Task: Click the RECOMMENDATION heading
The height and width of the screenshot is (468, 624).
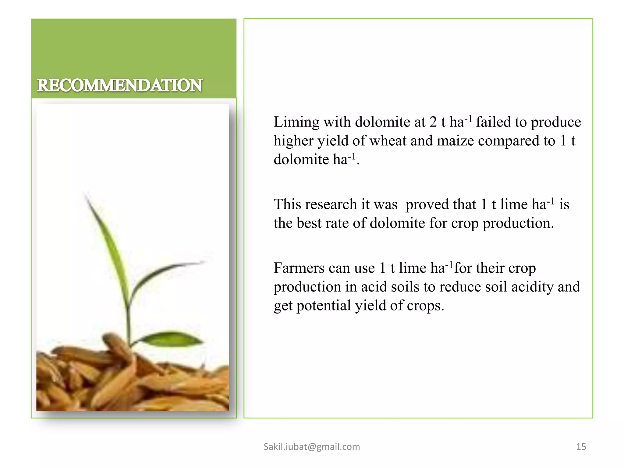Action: click(119, 85)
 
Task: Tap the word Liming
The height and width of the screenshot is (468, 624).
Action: click(296, 122)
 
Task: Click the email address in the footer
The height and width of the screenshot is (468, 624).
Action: click(312, 447)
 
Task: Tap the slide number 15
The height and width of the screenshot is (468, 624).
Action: click(581, 447)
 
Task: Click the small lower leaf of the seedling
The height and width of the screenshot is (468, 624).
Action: click(171, 338)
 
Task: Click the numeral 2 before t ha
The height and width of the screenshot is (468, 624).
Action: click(433, 122)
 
